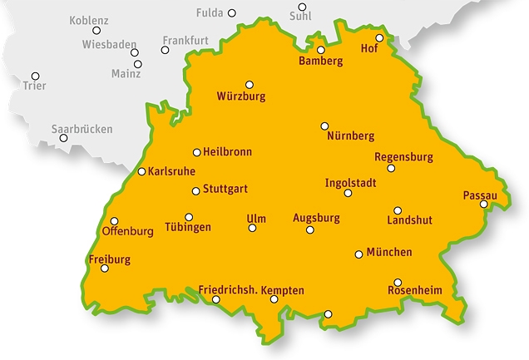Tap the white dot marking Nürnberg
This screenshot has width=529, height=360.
point(325,126)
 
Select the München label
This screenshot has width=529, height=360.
point(389,253)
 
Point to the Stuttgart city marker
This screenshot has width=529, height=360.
point(195,190)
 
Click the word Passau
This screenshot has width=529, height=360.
point(480,195)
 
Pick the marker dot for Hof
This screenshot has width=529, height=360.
point(379,37)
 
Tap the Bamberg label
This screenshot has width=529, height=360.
point(320,62)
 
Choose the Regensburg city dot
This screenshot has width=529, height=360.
point(391,169)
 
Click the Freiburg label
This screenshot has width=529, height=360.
point(109,259)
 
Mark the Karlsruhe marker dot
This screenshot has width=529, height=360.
point(141,172)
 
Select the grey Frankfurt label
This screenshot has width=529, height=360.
point(185,39)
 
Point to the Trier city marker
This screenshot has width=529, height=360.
point(35,75)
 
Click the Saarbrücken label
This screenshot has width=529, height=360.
point(82,129)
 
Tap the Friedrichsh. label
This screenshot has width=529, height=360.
point(228,290)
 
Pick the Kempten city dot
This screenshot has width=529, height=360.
point(274,299)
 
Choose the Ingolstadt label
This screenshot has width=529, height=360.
point(351,182)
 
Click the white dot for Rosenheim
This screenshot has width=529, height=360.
point(398,282)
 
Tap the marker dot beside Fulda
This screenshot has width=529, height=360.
point(232,13)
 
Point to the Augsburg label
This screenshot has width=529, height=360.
point(317,218)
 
